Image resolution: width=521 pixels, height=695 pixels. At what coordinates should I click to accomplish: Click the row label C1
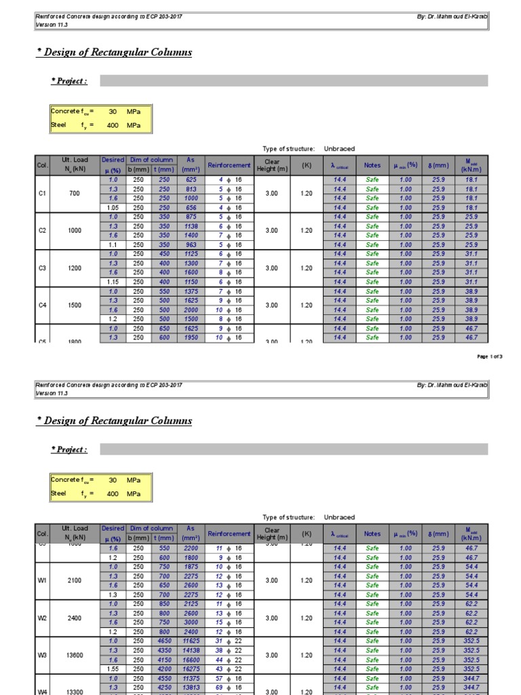(42, 193)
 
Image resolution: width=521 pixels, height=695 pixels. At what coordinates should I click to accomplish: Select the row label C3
(42, 268)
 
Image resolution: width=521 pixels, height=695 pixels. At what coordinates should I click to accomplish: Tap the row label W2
(42, 618)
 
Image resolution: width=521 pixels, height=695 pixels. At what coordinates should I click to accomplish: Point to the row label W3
(42, 655)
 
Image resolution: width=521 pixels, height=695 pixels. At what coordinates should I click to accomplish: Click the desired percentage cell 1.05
(113, 208)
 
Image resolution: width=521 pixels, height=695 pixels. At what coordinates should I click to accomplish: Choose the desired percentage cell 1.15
(113, 282)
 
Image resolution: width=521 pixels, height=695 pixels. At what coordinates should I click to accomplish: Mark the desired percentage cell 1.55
(113, 669)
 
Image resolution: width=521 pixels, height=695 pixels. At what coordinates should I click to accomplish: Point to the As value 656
(191, 208)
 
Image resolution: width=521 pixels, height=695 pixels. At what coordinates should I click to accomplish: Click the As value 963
(191, 244)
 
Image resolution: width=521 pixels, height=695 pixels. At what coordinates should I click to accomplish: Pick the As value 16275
(191, 669)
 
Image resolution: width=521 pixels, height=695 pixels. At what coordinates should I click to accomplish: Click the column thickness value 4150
(164, 660)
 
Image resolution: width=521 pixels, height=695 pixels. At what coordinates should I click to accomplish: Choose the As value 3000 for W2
(191, 622)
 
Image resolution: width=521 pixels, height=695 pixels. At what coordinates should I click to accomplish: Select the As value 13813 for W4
(191, 688)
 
